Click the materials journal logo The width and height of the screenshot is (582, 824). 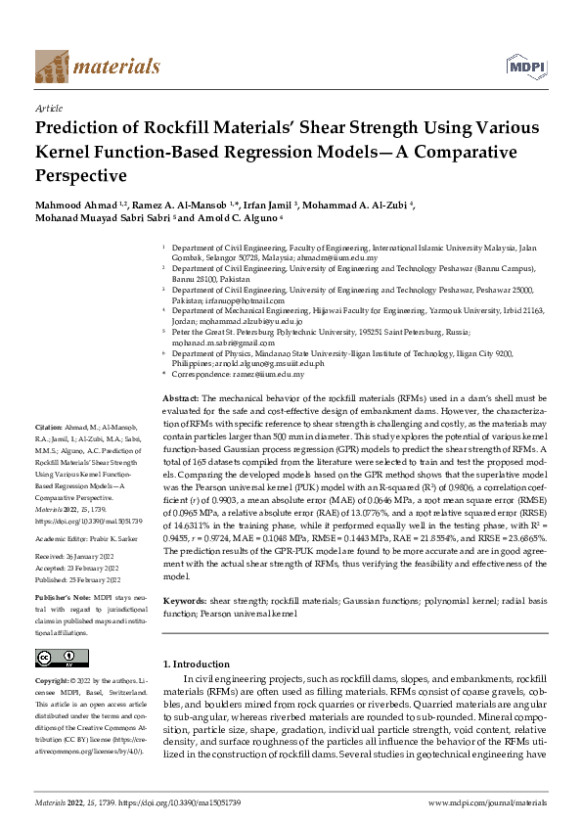pos(97,67)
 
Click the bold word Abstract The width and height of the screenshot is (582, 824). pos(180,399)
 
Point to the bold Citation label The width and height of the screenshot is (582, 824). pos(49,429)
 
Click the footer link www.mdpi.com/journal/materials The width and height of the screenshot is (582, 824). pos(487,802)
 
